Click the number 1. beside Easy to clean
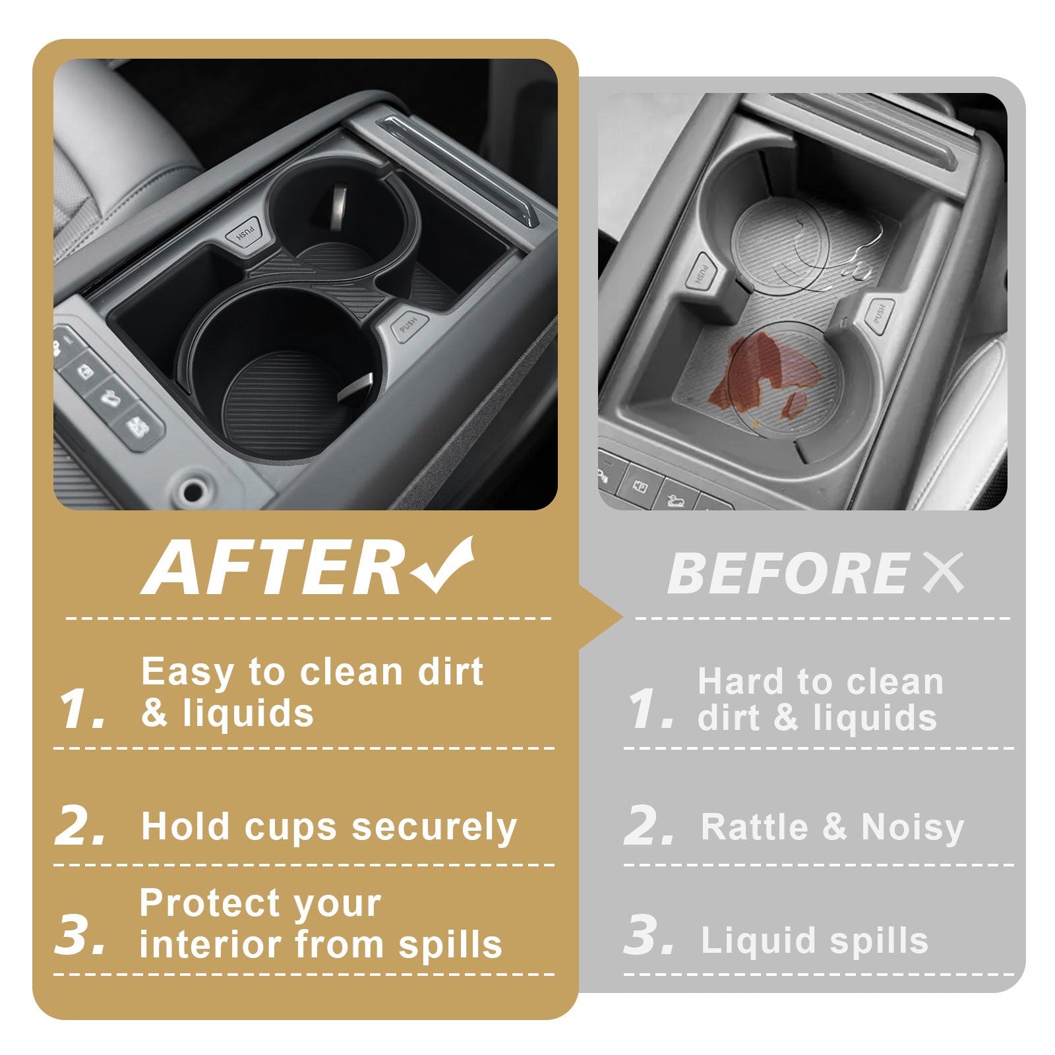(82, 709)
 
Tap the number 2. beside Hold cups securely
(80, 824)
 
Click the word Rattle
(754, 827)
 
